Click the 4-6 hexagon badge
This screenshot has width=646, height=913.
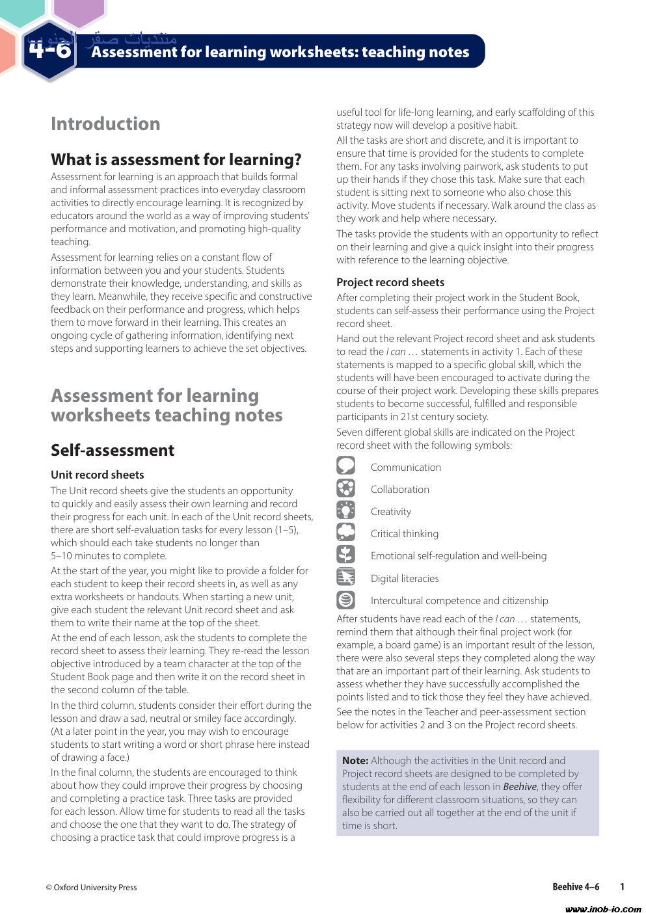49,51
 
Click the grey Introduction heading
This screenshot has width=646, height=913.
105,124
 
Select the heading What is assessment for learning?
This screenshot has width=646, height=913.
176,159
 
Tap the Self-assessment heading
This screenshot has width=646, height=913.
113,450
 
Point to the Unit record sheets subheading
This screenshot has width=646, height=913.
98,475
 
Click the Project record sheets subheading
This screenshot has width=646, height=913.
390,282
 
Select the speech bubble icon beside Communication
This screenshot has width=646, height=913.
346,466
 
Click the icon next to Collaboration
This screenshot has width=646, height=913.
346,488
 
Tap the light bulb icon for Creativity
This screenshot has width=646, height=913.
346,510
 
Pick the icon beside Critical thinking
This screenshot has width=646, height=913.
346,533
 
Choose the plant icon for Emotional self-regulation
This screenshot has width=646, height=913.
346,555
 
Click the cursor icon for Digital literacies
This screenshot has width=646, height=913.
346,577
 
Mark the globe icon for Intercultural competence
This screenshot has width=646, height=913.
346,600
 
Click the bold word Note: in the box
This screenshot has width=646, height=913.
355,761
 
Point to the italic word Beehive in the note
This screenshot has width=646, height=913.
519,787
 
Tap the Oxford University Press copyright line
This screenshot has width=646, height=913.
92,887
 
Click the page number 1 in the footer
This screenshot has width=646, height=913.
623,887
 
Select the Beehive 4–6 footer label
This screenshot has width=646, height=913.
576,887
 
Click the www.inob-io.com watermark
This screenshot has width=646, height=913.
603,908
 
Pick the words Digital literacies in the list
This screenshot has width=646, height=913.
405,579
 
